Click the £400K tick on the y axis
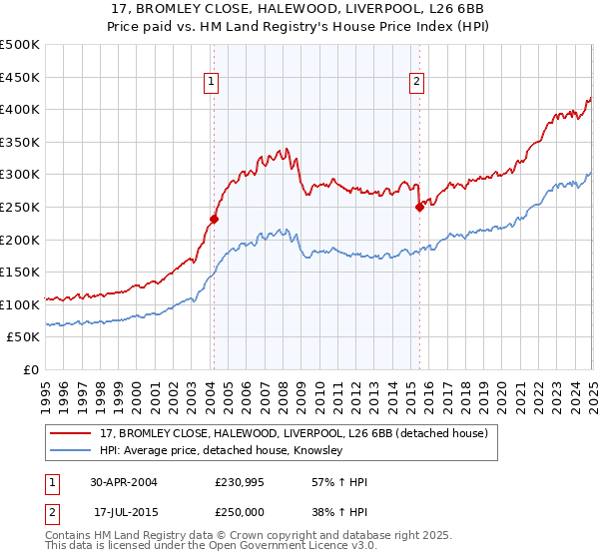point(20,109)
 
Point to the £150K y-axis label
point(20,272)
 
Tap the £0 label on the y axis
point(31,369)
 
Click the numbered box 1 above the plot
point(213,83)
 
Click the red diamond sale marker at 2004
point(214,219)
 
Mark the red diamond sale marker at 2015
point(419,207)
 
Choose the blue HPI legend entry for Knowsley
point(221,451)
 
